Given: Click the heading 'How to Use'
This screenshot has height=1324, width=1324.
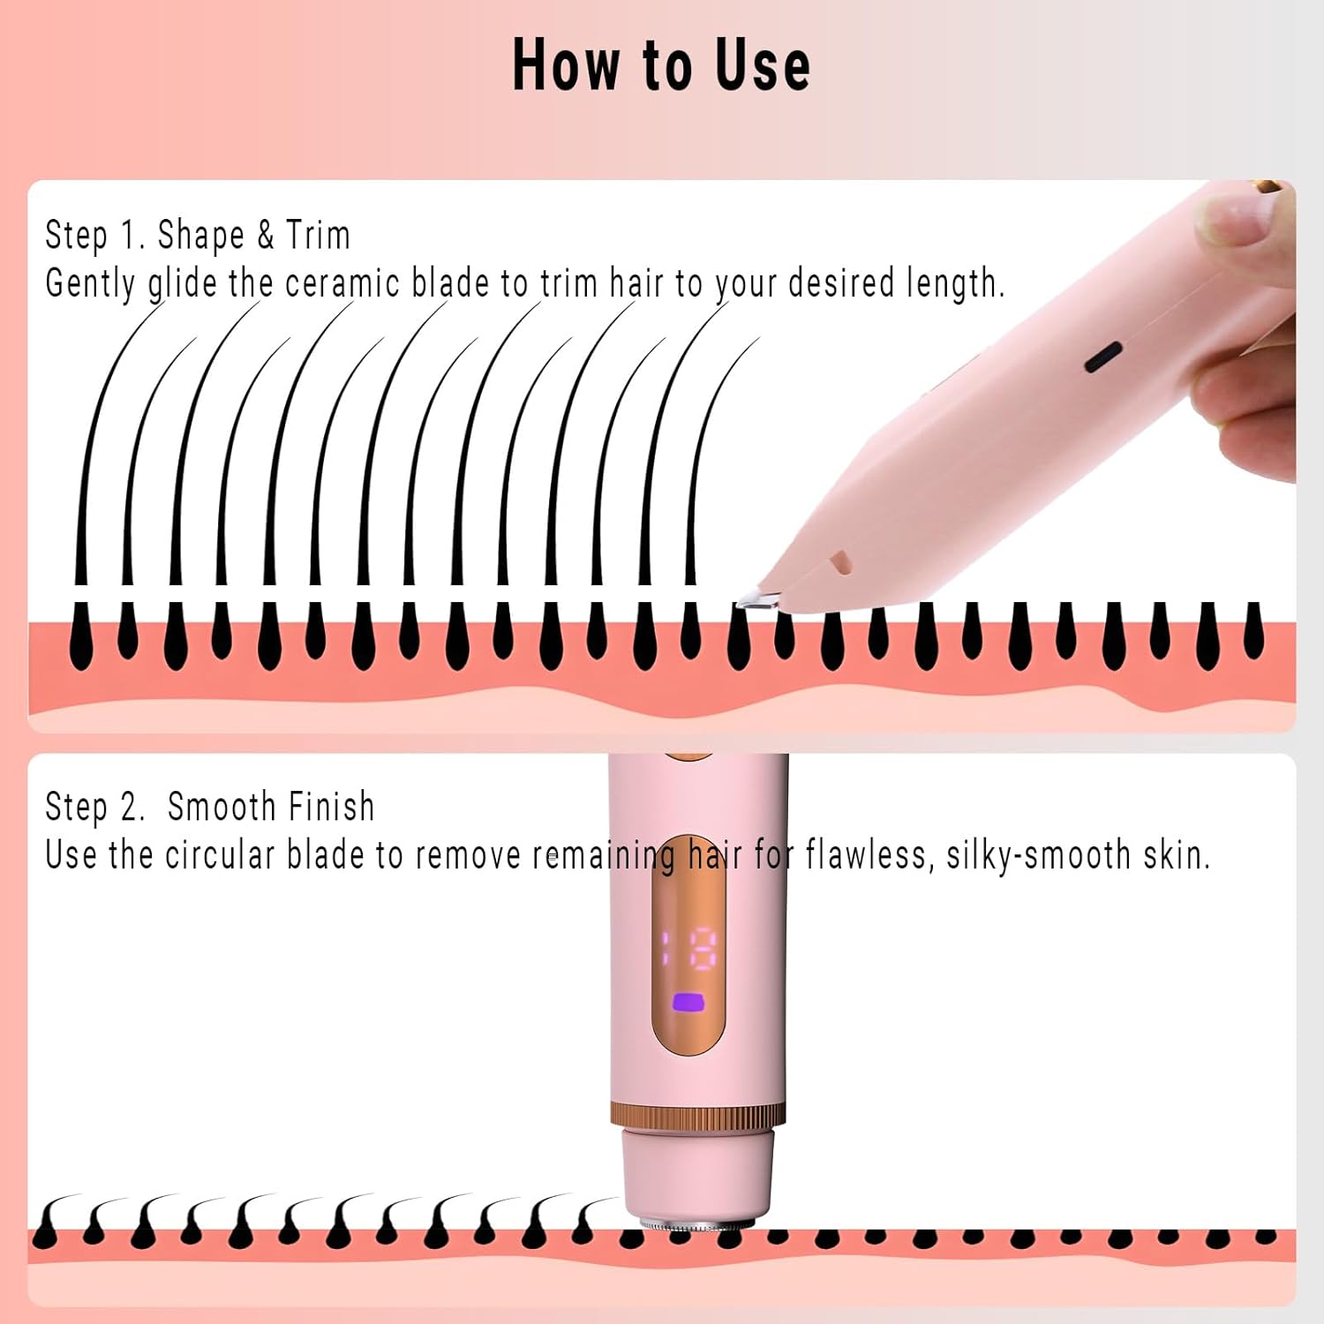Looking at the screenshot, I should tap(661, 65).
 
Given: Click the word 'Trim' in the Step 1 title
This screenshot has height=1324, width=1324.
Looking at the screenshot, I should tap(318, 236).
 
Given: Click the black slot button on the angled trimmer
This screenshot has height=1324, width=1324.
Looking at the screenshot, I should tap(1102, 357).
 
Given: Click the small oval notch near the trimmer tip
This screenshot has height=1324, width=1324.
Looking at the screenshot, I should tap(839, 562).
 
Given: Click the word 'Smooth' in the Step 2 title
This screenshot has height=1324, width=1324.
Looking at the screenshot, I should tap(222, 807).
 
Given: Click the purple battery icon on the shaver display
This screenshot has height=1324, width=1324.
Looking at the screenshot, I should tap(687, 1003).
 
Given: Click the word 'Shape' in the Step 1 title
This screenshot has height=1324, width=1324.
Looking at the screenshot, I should tap(200, 236).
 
